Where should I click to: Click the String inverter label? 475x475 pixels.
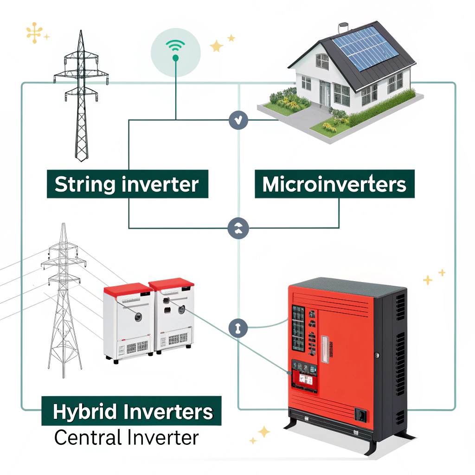point(128,184)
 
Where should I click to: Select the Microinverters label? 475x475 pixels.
point(334,184)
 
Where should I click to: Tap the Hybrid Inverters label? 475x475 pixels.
point(131,411)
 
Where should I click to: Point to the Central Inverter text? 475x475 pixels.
point(127,437)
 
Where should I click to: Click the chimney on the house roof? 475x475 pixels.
point(343,28)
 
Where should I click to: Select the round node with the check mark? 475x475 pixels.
point(238,120)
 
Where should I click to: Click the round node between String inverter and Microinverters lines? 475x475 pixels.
point(238,228)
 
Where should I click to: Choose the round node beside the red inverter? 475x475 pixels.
point(238,328)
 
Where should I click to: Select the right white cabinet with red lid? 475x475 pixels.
point(172,315)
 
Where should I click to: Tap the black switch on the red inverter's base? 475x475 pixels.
point(360,415)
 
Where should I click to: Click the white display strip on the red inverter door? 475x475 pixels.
point(325,349)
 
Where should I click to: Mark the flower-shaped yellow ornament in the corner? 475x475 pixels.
point(34,33)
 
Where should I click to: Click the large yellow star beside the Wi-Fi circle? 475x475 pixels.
point(217,46)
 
